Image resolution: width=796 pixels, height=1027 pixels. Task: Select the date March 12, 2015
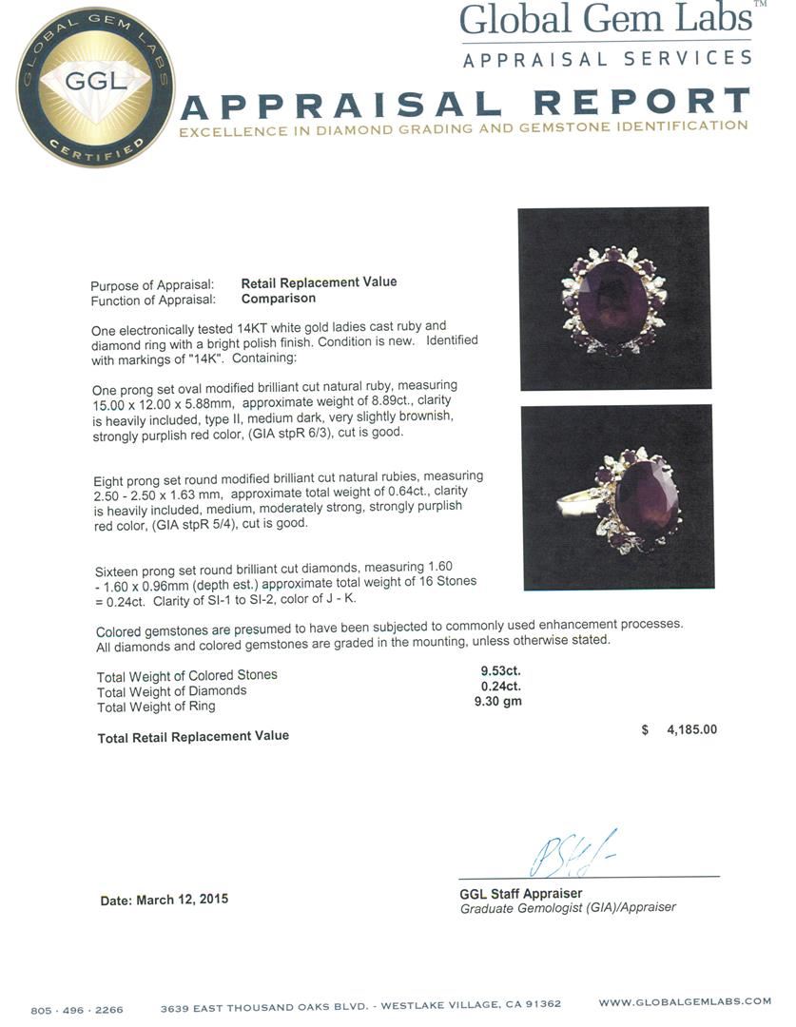tap(164, 900)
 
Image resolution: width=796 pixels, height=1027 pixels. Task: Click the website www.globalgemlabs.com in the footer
tap(685, 1001)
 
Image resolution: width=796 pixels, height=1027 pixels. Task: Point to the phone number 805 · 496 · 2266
tap(77, 1010)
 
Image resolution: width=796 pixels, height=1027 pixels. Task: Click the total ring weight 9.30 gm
tap(497, 702)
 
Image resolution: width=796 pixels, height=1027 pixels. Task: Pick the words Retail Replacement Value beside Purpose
tap(319, 282)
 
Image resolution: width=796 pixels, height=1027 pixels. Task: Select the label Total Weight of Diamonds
tap(171, 691)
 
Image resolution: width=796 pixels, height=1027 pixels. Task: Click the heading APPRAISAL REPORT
tap(465, 103)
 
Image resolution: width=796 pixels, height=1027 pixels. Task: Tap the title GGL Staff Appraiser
tap(520, 894)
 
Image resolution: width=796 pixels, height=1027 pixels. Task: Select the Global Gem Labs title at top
tap(606, 20)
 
